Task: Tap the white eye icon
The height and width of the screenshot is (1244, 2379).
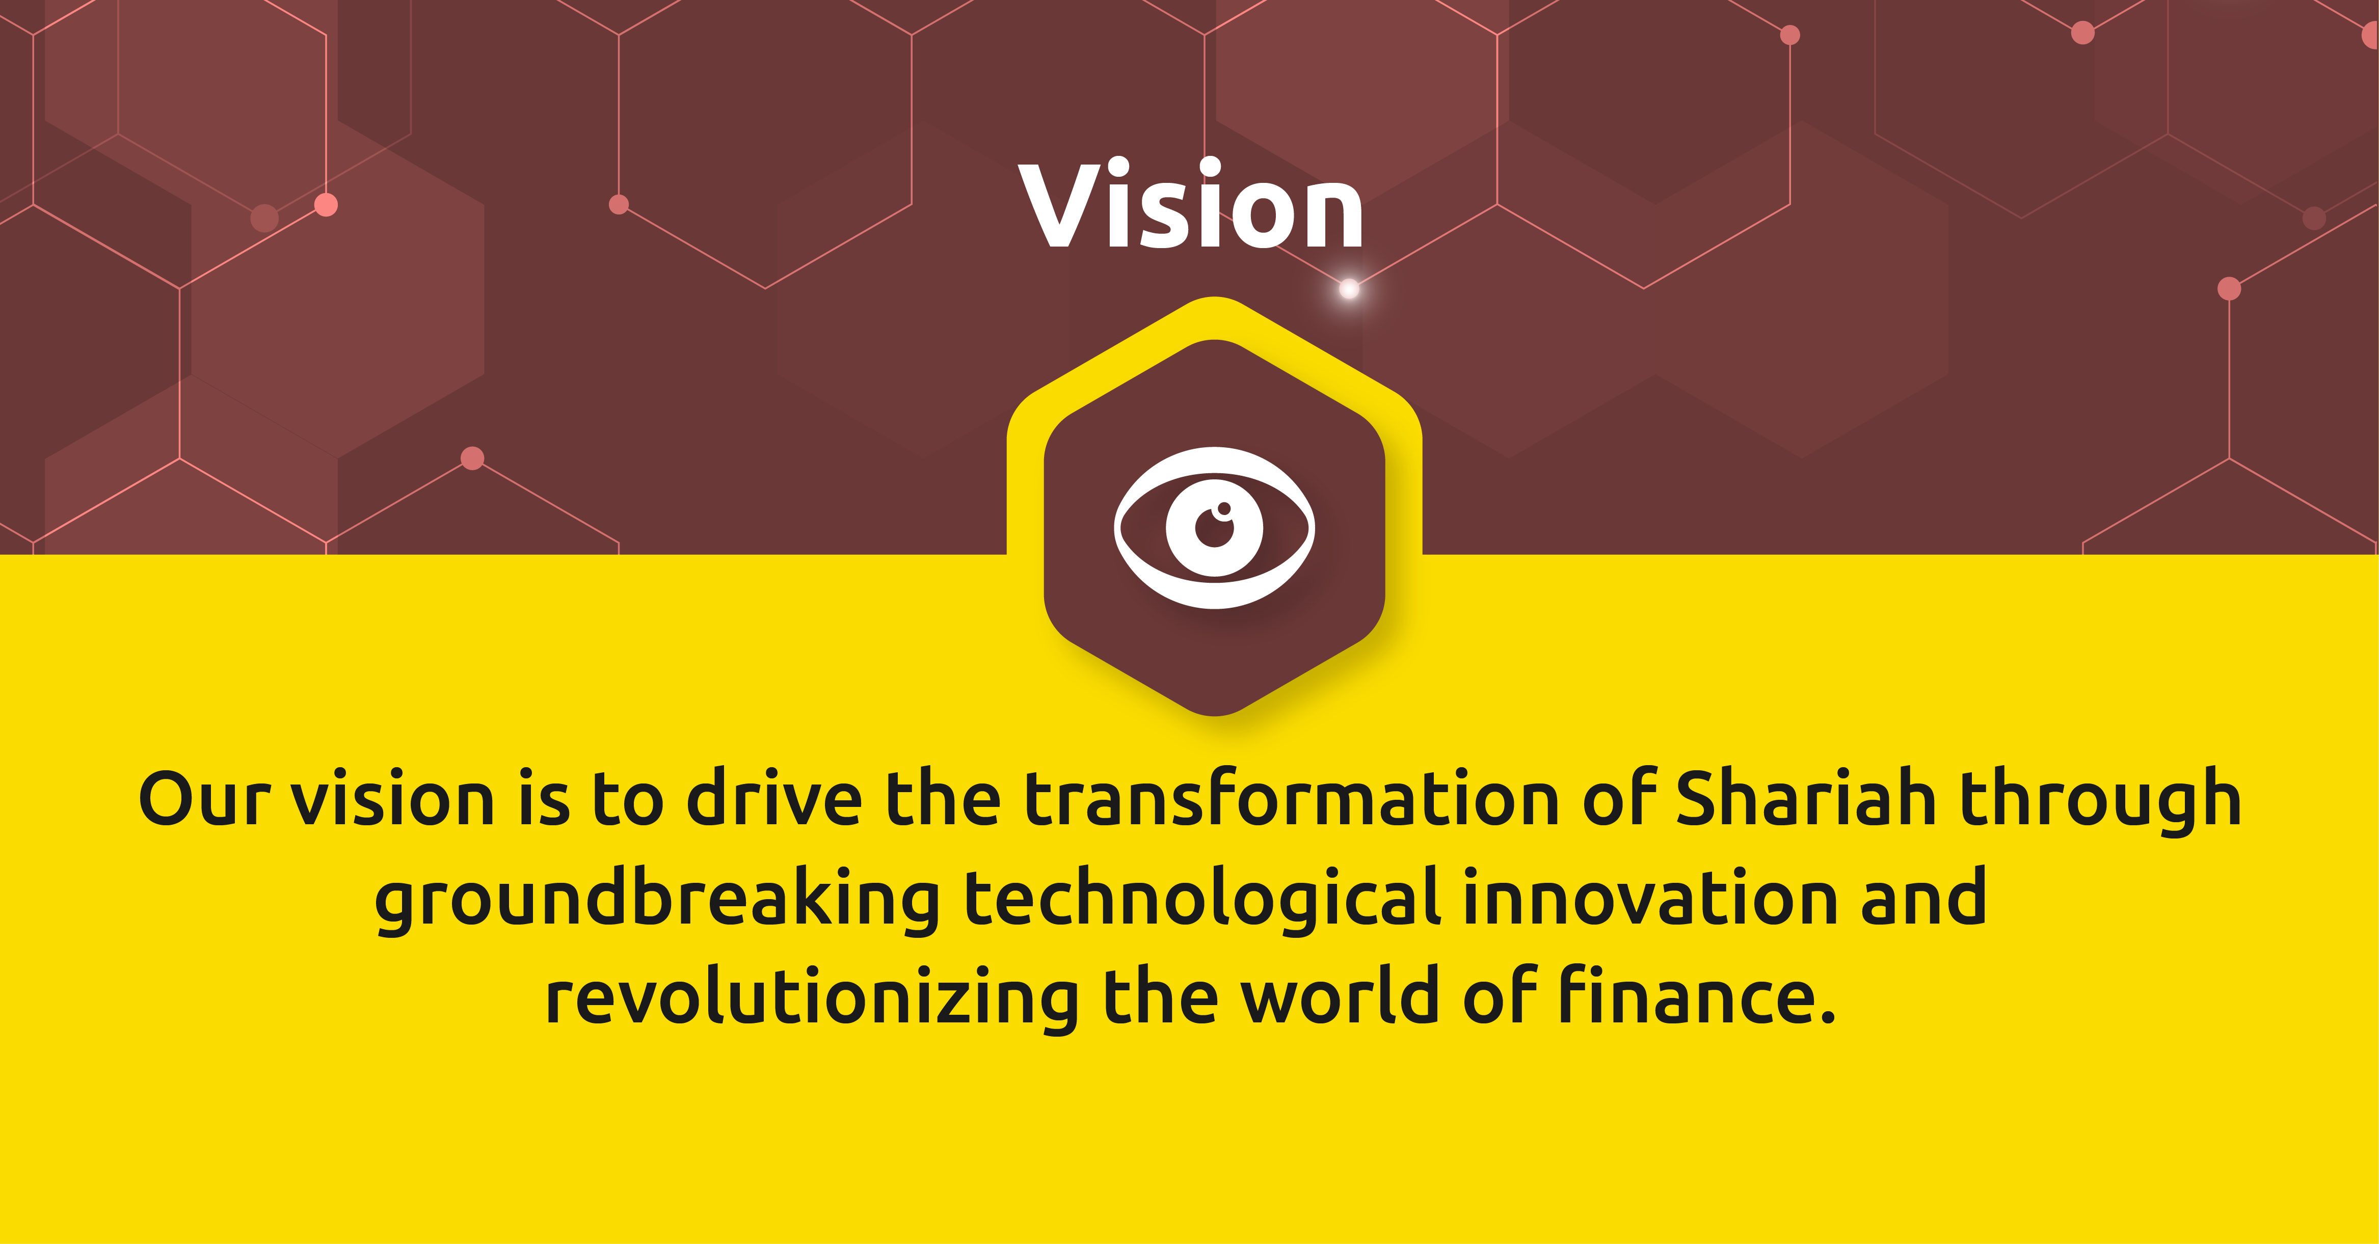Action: pyautogui.click(x=1214, y=527)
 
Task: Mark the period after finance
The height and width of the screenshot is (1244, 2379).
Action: pyautogui.click(x=1825, y=1016)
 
